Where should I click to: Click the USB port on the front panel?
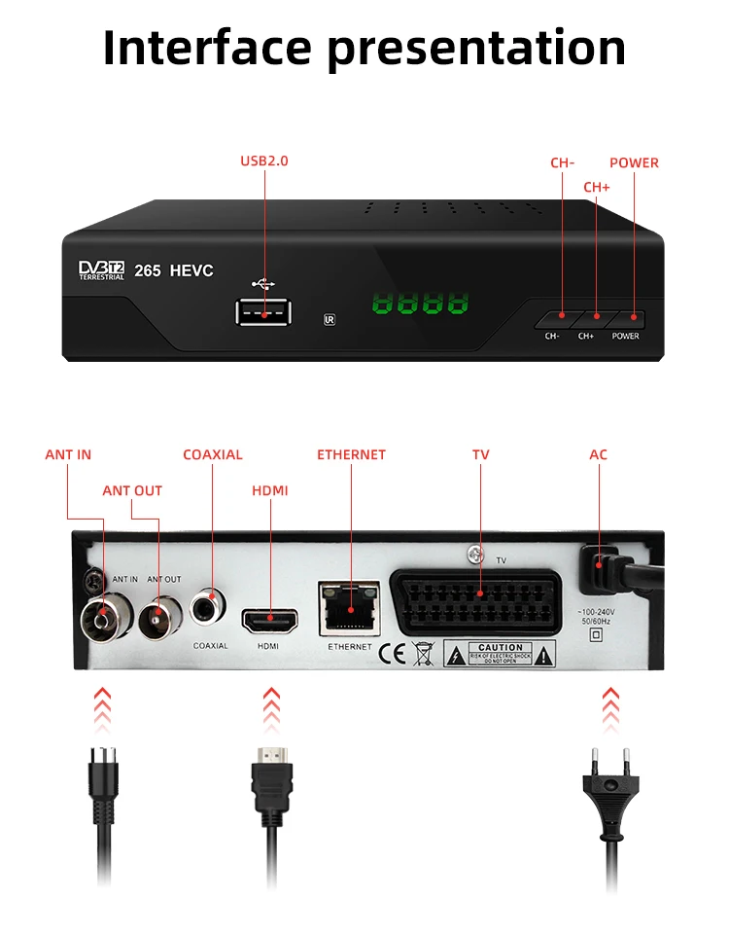pos(261,311)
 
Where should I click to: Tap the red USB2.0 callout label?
pos(264,161)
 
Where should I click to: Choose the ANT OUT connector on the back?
pos(156,617)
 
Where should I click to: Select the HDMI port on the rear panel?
pos(269,619)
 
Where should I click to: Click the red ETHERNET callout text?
pos(351,454)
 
